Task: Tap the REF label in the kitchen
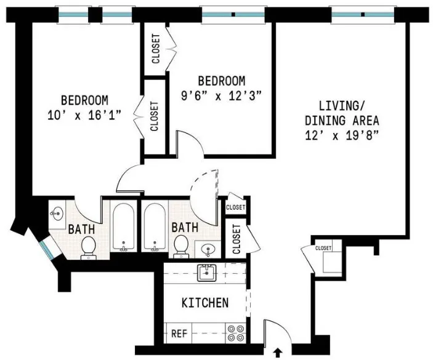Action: tap(178, 334)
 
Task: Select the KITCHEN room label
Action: tap(205, 303)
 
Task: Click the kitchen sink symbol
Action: tap(206, 273)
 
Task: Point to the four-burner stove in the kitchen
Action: tap(235, 333)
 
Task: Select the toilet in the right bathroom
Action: tap(181, 246)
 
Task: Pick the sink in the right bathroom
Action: tap(208, 249)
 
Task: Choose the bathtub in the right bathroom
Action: tap(154, 227)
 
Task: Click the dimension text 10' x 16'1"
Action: tap(84, 114)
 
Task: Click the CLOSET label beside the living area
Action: tap(323, 248)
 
